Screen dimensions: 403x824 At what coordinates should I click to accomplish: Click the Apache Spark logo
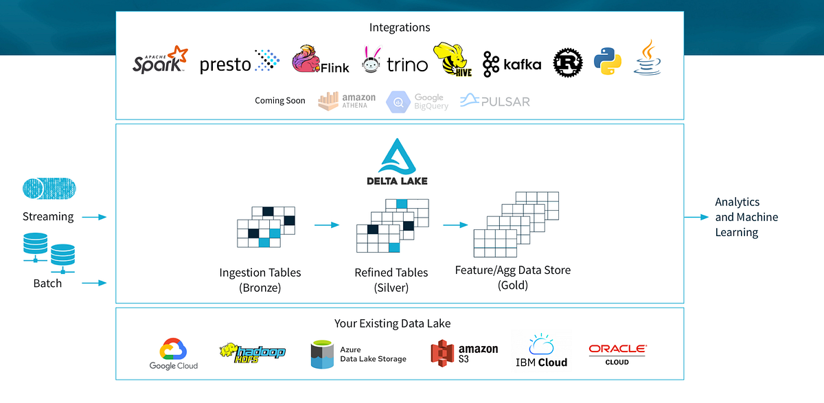(x=159, y=60)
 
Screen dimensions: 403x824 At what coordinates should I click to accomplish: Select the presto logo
(x=240, y=63)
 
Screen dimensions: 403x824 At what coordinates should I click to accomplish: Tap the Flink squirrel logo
(x=320, y=60)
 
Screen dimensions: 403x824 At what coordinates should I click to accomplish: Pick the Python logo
(x=608, y=61)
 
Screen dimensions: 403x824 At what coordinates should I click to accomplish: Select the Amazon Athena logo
(x=347, y=100)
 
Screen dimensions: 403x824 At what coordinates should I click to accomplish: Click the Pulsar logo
(x=494, y=102)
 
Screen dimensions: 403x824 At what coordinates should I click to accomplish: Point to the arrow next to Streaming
(x=94, y=218)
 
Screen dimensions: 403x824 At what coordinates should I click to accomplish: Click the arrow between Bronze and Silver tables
(x=327, y=224)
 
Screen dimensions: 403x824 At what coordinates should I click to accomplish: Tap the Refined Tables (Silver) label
(x=391, y=280)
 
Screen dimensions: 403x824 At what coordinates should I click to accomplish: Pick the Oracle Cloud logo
(x=617, y=354)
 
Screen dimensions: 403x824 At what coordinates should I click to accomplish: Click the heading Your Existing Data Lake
(x=392, y=323)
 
